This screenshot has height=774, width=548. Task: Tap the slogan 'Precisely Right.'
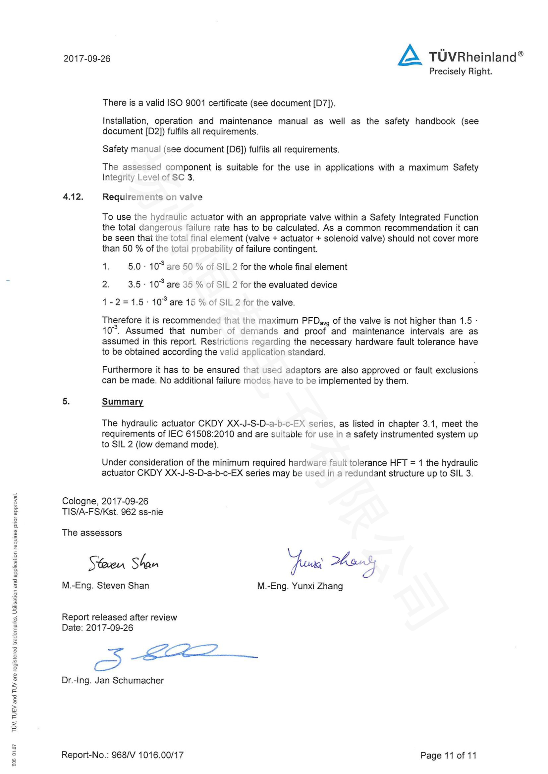tap(460, 71)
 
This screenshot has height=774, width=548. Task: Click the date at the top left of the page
tap(87, 59)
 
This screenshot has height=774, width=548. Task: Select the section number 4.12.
tap(73, 197)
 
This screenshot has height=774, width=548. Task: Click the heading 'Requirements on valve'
tap(152, 197)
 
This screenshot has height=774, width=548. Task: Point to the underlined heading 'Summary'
tap(123, 401)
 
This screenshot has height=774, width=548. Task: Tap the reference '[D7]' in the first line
tap(323, 103)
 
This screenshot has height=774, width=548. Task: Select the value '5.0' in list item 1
tap(134, 267)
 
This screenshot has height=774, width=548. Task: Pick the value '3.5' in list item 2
tap(134, 285)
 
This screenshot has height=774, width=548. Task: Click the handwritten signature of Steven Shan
tap(123, 563)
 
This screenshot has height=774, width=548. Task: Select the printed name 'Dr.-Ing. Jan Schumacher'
tap(113, 681)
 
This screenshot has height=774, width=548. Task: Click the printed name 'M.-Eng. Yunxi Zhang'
tap(300, 586)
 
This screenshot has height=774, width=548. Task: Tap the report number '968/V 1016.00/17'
tap(147, 755)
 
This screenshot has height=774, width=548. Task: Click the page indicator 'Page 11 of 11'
tap(448, 755)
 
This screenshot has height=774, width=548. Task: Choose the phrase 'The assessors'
tap(92, 533)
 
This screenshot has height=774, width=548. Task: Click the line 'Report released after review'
tap(119, 617)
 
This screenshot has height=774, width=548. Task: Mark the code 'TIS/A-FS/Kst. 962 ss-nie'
tap(112, 512)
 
